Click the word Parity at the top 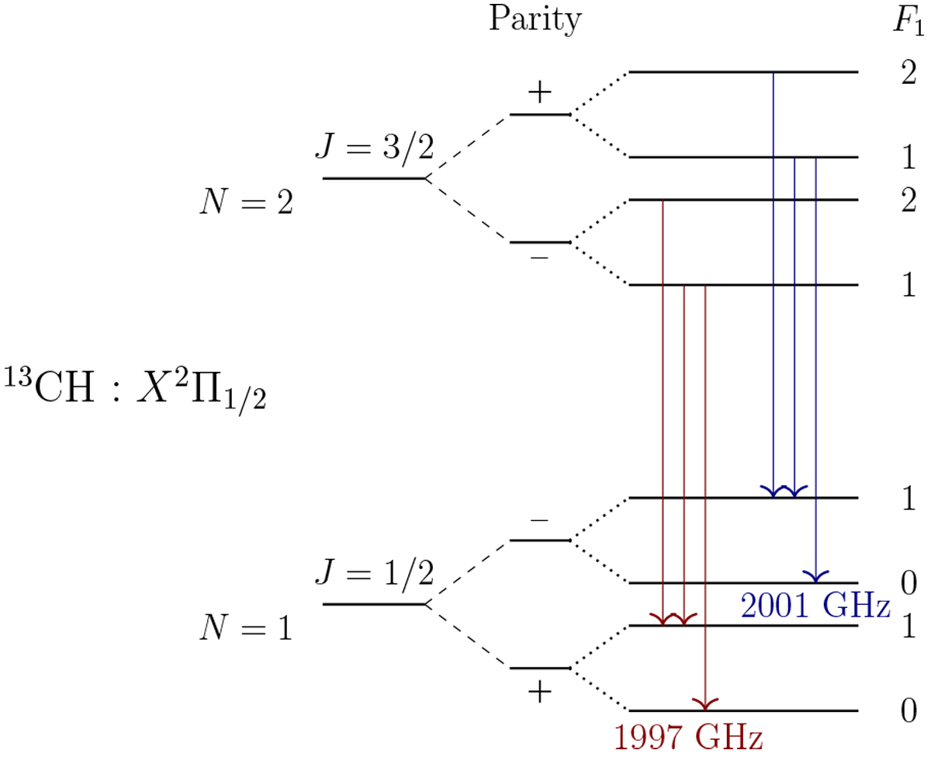[x=535, y=19]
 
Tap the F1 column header [x=909, y=21]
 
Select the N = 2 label [x=246, y=202]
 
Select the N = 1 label [x=246, y=627]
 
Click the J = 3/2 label [x=375, y=148]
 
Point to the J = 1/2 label [x=375, y=573]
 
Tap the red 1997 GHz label [x=688, y=738]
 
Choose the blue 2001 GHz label [x=815, y=606]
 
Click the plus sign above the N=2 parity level [x=540, y=92]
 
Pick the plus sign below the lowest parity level [x=540, y=693]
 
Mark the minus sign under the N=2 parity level [x=539, y=258]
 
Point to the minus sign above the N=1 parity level [x=539, y=520]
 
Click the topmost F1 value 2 [x=909, y=72]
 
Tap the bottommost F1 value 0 [x=909, y=710]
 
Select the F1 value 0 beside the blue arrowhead [x=909, y=583]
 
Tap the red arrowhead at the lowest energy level [x=705, y=705]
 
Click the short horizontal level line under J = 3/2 [x=374, y=179]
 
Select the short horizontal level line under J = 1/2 [x=374, y=604]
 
